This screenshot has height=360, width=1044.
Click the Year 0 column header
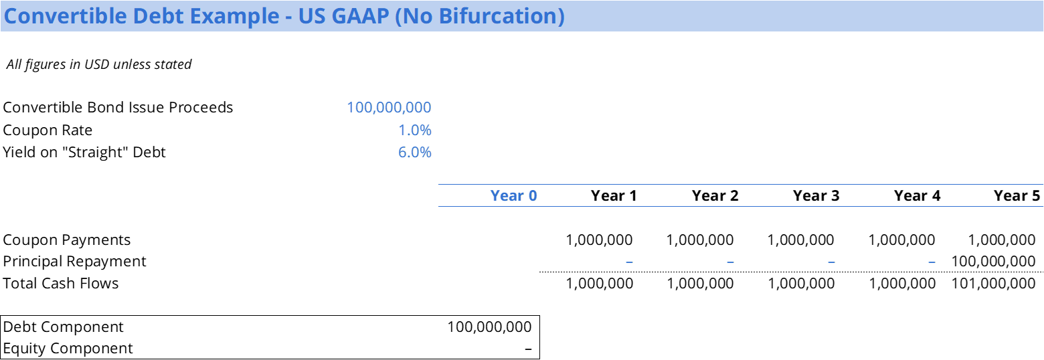click(513, 195)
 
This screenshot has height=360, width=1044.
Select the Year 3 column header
click(816, 195)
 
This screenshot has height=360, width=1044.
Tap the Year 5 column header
click(1017, 195)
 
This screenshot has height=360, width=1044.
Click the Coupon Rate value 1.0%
click(414, 130)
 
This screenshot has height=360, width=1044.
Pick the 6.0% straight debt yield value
click(414, 153)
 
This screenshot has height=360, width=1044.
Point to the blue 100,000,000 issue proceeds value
click(389, 108)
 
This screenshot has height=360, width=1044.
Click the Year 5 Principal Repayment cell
click(993, 261)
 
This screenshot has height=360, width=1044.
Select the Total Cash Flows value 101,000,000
click(993, 283)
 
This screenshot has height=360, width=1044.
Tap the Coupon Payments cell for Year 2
click(699, 240)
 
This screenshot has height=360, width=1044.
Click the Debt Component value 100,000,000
click(489, 327)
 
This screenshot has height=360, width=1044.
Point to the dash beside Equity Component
click(528, 349)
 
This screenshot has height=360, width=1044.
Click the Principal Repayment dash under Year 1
click(629, 262)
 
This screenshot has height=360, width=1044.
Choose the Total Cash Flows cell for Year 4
click(902, 283)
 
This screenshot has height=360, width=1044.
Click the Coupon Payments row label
click(67, 240)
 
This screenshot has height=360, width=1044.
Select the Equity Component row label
click(68, 349)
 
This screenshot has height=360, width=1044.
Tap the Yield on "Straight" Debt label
click(84, 153)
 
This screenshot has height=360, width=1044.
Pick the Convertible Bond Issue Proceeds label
click(118, 108)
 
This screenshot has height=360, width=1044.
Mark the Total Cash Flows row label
click(61, 283)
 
